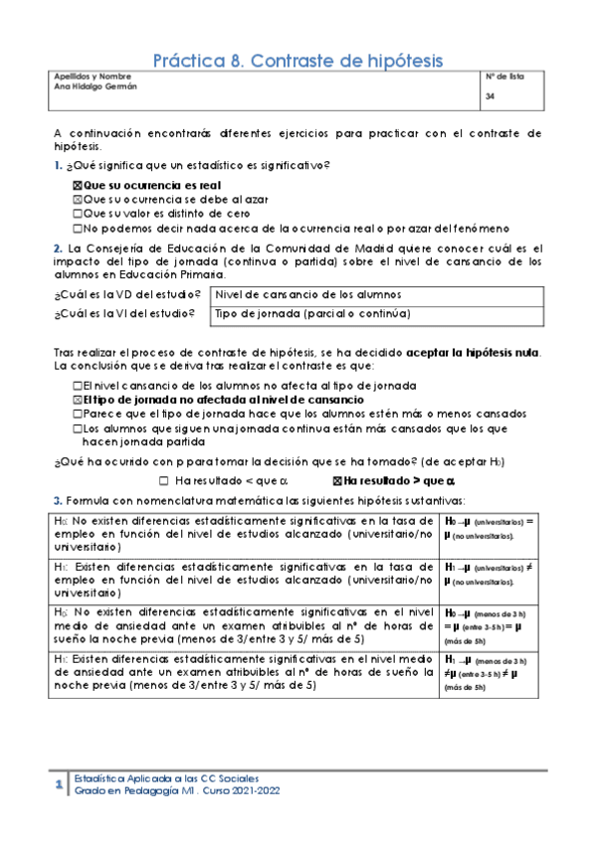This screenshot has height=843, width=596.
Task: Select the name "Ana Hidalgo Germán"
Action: point(95,86)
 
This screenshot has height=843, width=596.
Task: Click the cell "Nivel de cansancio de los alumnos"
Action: point(308,295)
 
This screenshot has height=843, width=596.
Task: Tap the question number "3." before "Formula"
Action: point(59,500)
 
